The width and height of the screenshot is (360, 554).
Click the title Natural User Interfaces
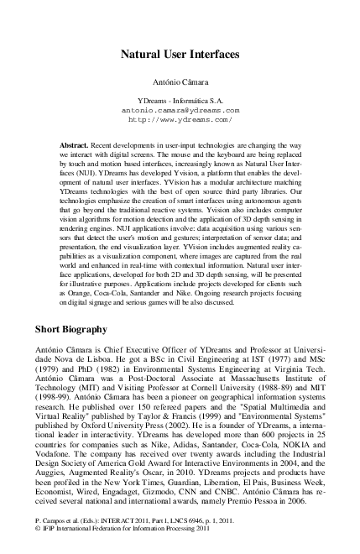pyautogui.click(x=180, y=54)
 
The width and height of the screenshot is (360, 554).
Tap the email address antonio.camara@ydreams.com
pyautogui.click(x=180, y=110)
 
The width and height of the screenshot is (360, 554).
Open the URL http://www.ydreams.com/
pyautogui.click(x=180, y=120)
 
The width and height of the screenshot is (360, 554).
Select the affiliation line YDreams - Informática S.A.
pyautogui.click(x=180, y=100)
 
